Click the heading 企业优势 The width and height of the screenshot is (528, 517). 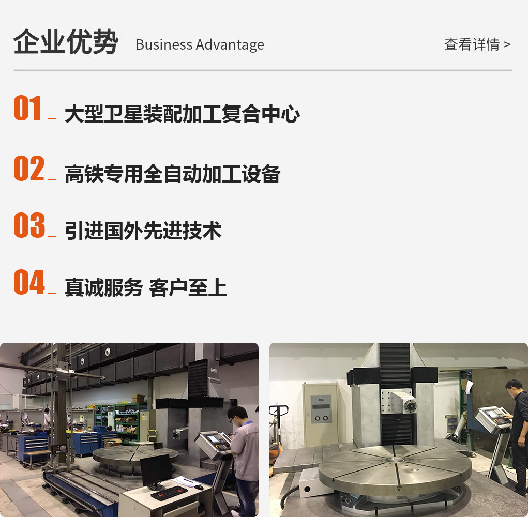click(66, 42)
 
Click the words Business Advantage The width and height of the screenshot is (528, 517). click(200, 45)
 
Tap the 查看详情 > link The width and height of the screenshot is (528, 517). click(477, 44)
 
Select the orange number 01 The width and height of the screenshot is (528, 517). click(27, 108)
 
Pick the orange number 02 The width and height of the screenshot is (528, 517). click(29, 168)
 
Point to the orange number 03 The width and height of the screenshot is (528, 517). click(29, 225)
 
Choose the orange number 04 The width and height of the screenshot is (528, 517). click(29, 282)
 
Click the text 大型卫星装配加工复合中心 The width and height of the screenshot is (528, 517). click(182, 114)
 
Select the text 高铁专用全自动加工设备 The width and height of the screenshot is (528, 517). click(172, 174)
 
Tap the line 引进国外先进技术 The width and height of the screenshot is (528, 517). click(143, 231)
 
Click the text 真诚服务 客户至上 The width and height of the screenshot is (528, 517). click(146, 288)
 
